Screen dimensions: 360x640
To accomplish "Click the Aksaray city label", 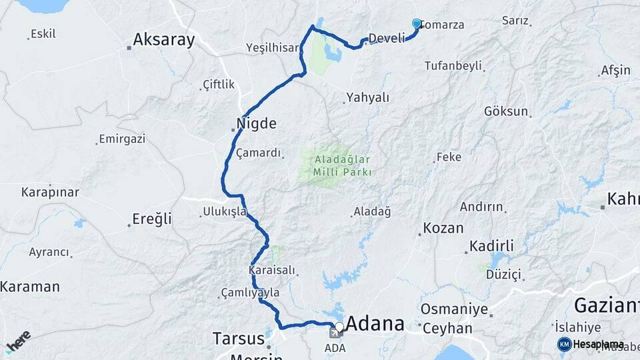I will pyautogui.click(x=163, y=40).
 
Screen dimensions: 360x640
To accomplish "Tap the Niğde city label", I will pyautogui.click(x=256, y=123).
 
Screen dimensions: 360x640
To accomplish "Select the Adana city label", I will pyautogui.click(x=376, y=324).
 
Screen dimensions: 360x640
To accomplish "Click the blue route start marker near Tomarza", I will pyautogui.click(x=417, y=23).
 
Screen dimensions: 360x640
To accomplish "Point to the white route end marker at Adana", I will pyautogui.click(x=339, y=327).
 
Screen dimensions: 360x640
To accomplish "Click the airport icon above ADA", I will pyautogui.click(x=334, y=333).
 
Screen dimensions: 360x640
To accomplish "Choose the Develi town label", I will pyautogui.click(x=387, y=38).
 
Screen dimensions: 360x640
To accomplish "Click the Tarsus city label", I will pyautogui.click(x=239, y=338).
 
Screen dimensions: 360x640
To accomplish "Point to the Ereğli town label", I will pyautogui.click(x=152, y=219).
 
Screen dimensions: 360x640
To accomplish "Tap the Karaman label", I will pyautogui.click(x=30, y=287).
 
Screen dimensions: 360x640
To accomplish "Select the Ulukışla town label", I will pyautogui.click(x=225, y=212).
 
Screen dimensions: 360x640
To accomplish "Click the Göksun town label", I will pyautogui.click(x=506, y=111).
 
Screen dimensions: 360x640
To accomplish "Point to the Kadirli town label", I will pyautogui.click(x=491, y=247).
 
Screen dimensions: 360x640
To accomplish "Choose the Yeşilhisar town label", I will pyautogui.click(x=272, y=47).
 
